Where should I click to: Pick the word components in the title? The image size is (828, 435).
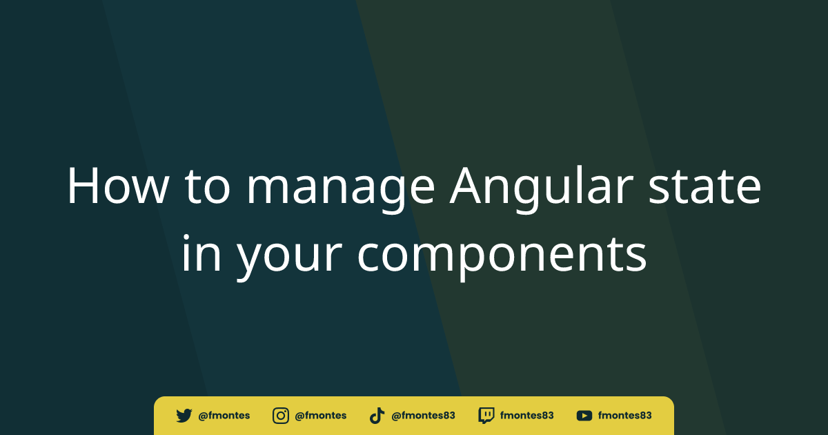[502, 255]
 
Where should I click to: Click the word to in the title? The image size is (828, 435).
[206, 187]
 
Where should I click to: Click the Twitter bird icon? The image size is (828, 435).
[184, 416]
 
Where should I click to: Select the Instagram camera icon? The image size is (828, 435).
[281, 416]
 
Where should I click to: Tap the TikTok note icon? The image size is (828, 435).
[377, 416]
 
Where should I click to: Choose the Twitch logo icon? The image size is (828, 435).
[486, 416]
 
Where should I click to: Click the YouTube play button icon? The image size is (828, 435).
[584, 416]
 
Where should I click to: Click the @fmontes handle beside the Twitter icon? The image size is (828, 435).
[224, 416]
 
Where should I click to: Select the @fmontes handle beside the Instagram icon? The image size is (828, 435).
[320, 416]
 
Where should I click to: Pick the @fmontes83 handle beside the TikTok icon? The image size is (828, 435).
[423, 416]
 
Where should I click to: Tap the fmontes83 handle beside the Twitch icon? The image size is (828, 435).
[527, 416]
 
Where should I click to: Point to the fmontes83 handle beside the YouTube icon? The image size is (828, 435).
[624, 416]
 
